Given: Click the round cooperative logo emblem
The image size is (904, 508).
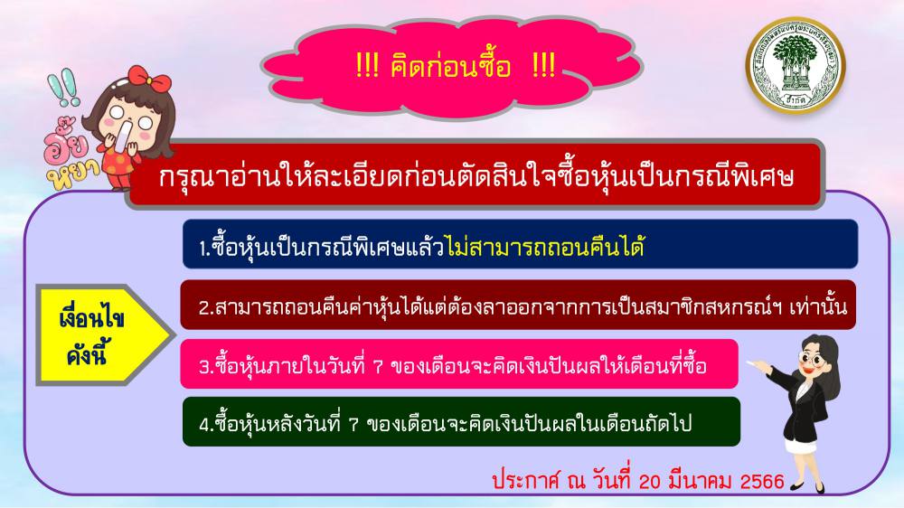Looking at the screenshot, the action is tap(795, 65).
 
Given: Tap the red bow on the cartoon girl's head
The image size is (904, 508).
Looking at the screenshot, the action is tap(149, 79).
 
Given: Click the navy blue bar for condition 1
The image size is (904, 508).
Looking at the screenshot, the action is tap(520, 244).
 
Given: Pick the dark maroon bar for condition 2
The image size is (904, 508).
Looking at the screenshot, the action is tap(518, 305).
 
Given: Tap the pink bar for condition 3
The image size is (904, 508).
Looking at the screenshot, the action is tap(459, 364).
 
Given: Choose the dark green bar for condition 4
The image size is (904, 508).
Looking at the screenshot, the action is tap(461, 421).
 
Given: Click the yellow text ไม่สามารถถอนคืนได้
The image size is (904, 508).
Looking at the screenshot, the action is tap(545, 247).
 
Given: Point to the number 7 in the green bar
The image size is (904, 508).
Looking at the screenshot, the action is tap(354, 425).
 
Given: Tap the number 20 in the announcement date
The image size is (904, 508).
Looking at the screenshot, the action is tap(650, 481).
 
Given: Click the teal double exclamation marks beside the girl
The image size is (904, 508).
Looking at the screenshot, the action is tap(63, 88).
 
